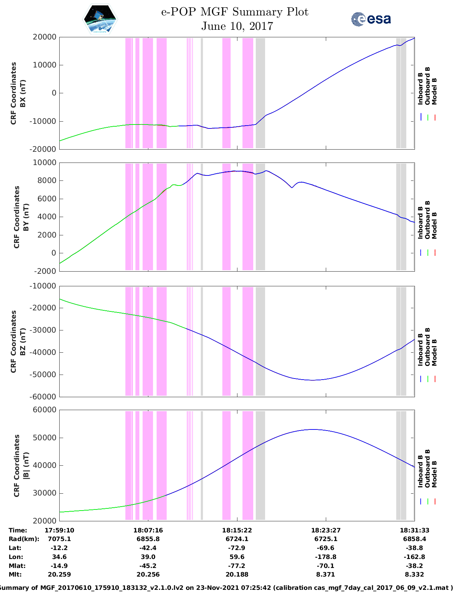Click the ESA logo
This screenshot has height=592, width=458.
(x=371, y=19)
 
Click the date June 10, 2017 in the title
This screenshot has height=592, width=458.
(x=237, y=26)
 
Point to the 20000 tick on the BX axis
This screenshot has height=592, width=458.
(x=44, y=37)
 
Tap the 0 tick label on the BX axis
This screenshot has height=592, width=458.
(x=54, y=93)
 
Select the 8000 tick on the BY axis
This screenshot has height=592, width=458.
(x=46, y=180)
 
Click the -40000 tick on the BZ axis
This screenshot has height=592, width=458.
(x=42, y=352)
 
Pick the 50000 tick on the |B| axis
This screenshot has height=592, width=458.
(x=44, y=438)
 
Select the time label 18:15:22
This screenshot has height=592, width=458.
(x=237, y=530)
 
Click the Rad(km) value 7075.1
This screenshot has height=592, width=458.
(x=59, y=539)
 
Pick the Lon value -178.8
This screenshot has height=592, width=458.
(x=326, y=557)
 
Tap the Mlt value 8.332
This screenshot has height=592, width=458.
(x=415, y=574)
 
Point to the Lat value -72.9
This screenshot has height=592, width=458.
(x=237, y=548)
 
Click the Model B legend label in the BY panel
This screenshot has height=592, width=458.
(x=434, y=225)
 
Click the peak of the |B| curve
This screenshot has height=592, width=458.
(x=313, y=429)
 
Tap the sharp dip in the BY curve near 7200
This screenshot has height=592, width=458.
(x=292, y=188)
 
